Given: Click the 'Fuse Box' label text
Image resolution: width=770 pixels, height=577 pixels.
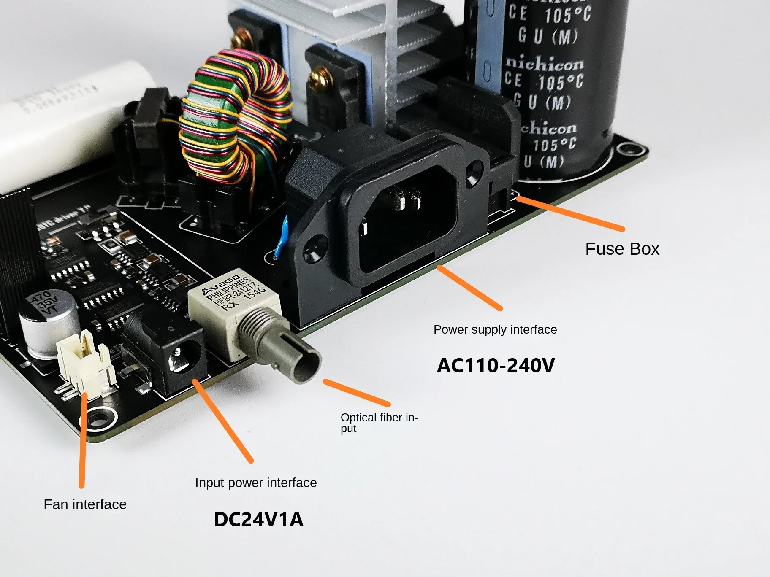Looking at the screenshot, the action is pos(622,249).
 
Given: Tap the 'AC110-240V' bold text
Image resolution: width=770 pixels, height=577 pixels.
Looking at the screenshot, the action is pos(496,365).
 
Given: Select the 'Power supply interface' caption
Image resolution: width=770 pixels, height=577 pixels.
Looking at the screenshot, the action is pos(495,329).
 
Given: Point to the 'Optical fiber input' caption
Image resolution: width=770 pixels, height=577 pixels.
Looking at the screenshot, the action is pos(378,422).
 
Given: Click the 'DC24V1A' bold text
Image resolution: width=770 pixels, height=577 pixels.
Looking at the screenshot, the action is pos(258,519).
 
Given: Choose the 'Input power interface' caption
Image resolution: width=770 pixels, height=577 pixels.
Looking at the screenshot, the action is pos(256,483).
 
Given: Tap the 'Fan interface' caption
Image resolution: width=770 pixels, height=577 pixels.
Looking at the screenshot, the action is pos(85,504).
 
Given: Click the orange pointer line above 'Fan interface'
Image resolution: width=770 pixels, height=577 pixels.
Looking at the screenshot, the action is pos(83,439).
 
